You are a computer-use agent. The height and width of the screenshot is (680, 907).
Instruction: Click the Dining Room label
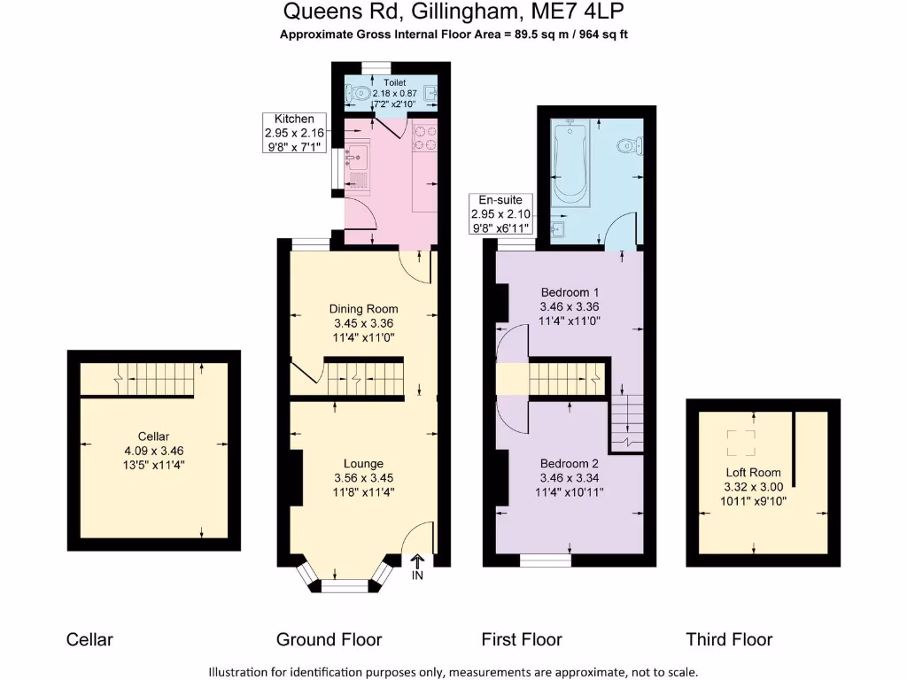(x=363, y=309)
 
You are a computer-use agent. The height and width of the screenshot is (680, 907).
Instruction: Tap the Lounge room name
(x=363, y=463)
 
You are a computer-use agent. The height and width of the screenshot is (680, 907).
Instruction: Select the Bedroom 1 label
(x=570, y=292)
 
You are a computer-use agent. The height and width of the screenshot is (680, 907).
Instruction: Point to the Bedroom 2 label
(x=570, y=463)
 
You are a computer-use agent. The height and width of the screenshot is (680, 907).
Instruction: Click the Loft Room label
(x=754, y=472)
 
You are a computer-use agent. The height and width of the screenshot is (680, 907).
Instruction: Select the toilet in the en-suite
(x=628, y=146)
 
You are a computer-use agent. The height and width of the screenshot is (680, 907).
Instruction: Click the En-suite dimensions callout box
(x=501, y=214)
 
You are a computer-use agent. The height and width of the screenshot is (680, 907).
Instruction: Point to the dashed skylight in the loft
(x=737, y=442)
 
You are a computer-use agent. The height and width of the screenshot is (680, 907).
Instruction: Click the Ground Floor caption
(x=329, y=639)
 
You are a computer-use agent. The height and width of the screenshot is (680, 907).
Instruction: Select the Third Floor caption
(x=729, y=639)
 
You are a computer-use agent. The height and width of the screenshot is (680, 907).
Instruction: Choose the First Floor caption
(x=522, y=639)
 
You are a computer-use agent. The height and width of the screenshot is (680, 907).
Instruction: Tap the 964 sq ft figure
(x=605, y=35)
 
